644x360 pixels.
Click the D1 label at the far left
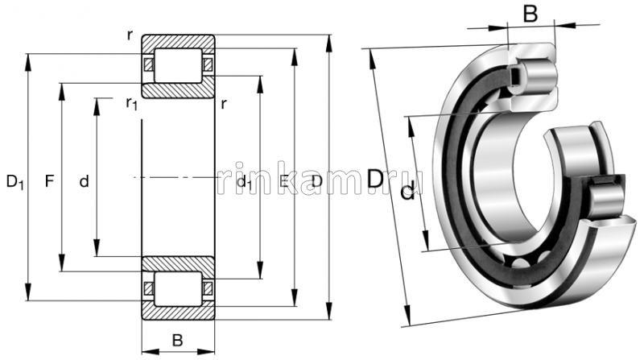point(15,183)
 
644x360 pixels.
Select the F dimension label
point(49,181)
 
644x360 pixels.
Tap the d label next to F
point(84,182)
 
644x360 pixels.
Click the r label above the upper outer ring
point(130,35)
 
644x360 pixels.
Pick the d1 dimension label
point(246,183)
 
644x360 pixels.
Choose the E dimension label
point(283,182)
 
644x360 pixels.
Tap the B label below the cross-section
point(177,340)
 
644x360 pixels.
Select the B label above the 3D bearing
point(530,14)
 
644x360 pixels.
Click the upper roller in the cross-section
point(178,64)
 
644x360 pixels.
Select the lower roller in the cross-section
point(178,288)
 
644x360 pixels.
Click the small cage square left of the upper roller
point(147,64)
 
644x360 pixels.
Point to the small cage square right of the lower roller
point(208,288)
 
